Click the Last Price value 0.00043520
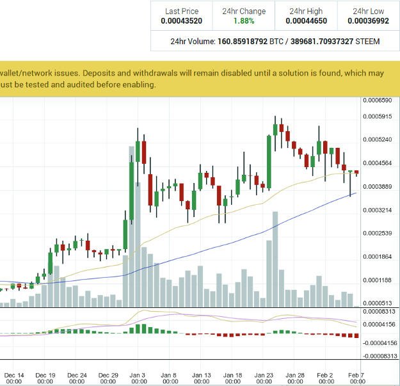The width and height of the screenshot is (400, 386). (182, 21)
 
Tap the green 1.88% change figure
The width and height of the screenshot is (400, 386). (243, 21)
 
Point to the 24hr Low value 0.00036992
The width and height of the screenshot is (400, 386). (369, 21)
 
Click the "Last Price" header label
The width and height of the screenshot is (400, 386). (182, 11)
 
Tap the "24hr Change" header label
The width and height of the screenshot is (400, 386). (243, 11)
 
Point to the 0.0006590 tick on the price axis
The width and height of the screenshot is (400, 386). (378, 101)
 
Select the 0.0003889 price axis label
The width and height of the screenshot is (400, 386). (378, 186)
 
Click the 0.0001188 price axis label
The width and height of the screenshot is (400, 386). (378, 280)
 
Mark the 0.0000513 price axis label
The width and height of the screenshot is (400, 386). (378, 303)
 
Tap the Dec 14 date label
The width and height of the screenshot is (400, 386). (14, 375)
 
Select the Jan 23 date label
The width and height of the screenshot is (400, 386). (264, 375)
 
